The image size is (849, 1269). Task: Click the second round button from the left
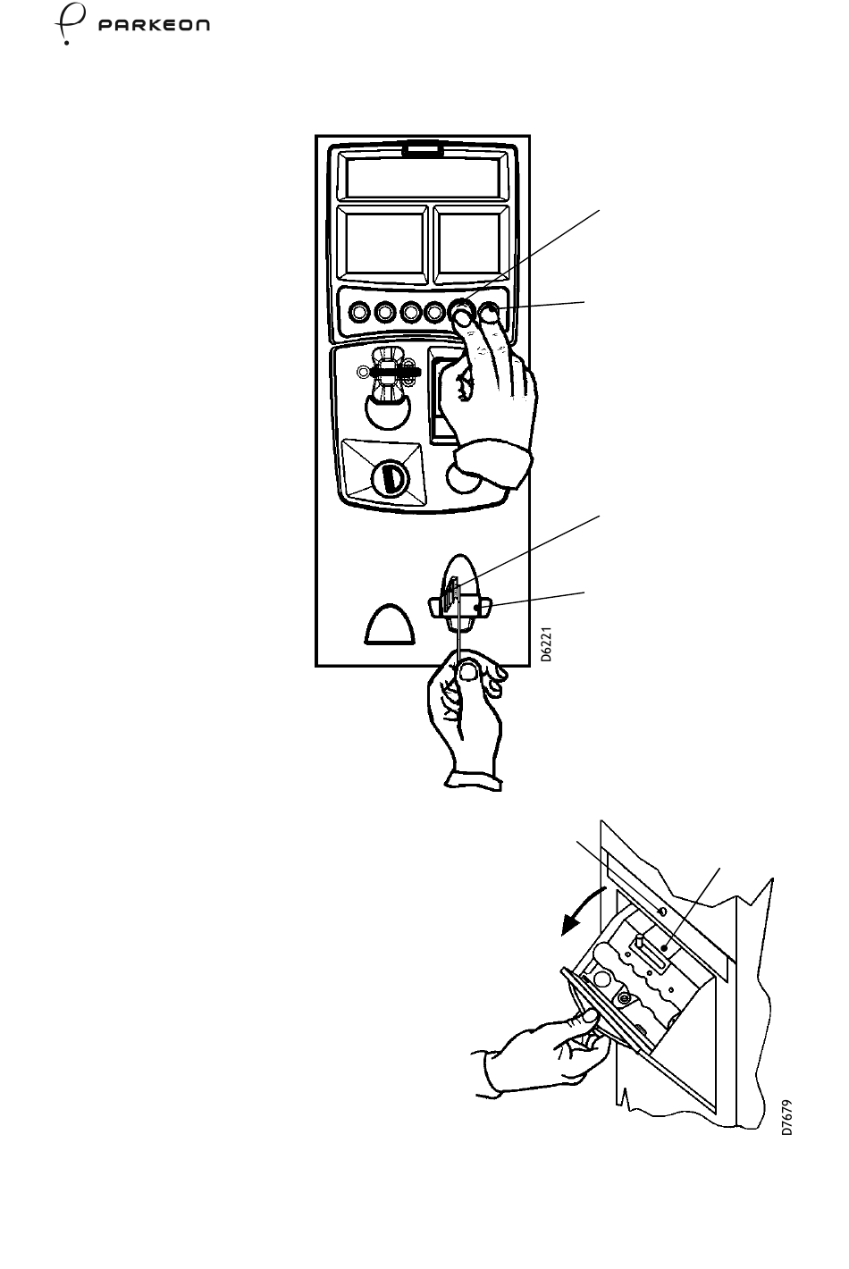385,314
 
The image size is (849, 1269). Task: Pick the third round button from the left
411,314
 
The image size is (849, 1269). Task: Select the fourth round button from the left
436,314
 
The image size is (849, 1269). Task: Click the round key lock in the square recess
391,478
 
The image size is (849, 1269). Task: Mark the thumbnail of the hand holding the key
465,675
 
